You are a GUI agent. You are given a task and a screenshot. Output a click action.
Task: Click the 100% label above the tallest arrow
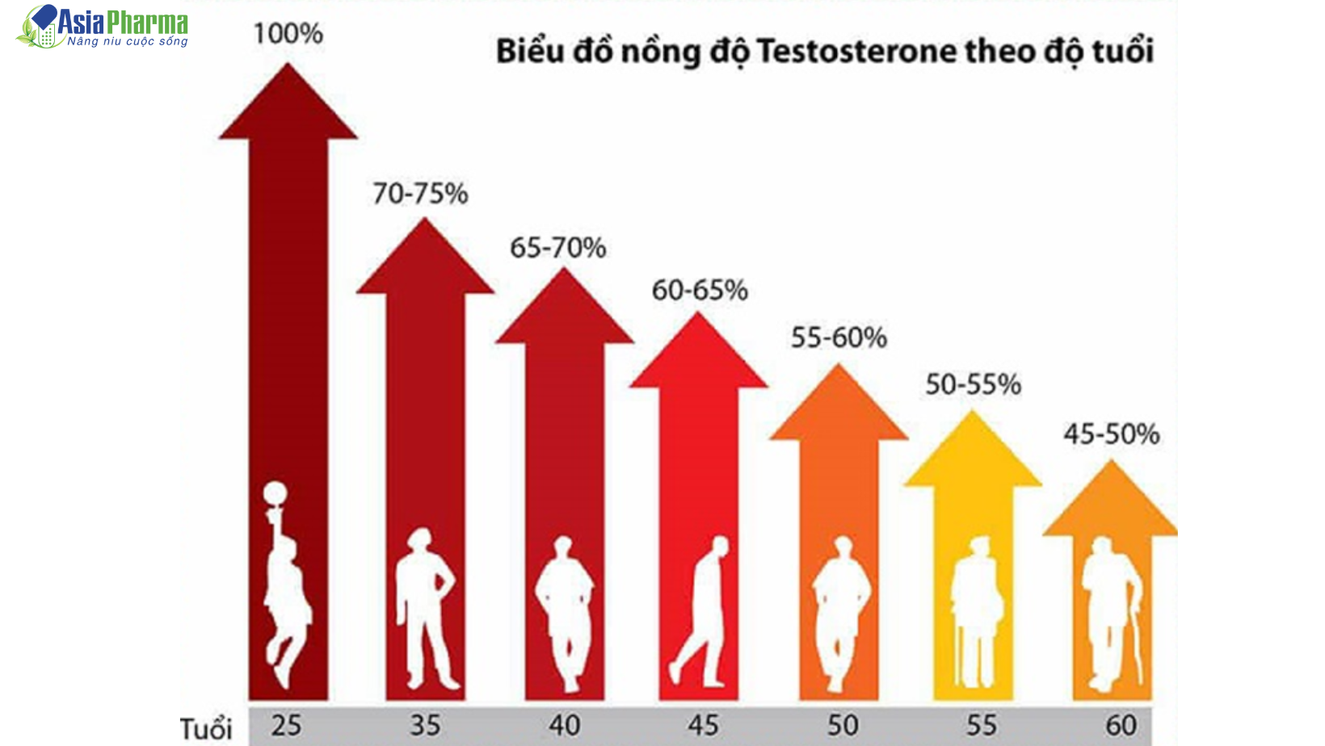[x=288, y=34]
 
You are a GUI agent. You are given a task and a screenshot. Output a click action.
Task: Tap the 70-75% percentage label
[x=420, y=194]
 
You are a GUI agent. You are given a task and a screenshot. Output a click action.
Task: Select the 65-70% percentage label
[x=557, y=248]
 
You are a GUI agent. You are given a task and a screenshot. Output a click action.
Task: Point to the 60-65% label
[x=700, y=290]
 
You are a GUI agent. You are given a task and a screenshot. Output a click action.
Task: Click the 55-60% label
[x=839, y=337]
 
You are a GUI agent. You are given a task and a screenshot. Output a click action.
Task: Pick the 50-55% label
[x=973, y=384]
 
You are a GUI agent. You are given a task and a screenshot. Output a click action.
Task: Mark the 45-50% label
[x=1111, y=434]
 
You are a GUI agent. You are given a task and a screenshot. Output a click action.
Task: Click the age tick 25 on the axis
[x=286, y=725]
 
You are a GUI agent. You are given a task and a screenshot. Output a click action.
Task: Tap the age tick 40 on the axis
[x=564, y=725]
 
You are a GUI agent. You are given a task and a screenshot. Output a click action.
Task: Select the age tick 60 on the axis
[x=1121, y=725]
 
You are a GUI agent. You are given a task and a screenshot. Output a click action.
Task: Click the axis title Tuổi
[x=206, y=728]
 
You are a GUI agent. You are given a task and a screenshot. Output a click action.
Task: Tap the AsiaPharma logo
[x=103, y=27]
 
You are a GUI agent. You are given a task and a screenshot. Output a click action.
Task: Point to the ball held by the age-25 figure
[x=276, y=493]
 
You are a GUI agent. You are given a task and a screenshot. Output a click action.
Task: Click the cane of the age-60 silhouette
[x=1138, y=638]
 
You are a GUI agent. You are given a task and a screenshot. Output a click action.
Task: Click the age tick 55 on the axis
[x=982, y=725]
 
